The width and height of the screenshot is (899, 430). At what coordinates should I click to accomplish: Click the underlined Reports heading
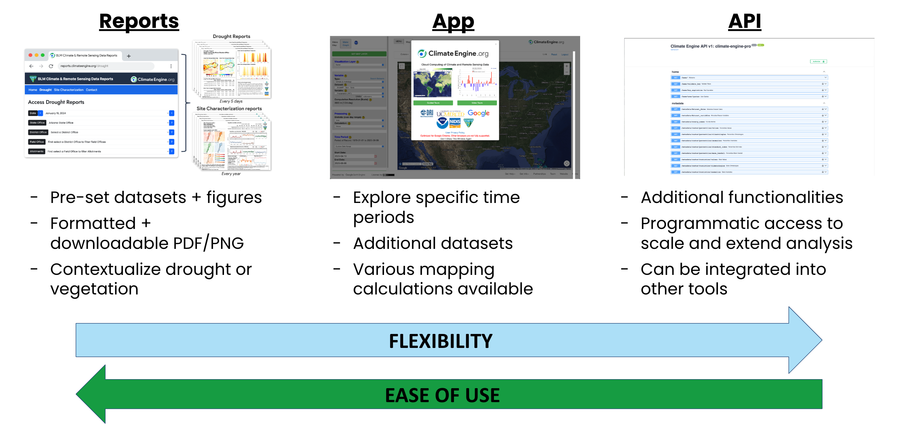139,21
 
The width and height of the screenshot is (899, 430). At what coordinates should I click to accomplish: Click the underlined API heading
744,21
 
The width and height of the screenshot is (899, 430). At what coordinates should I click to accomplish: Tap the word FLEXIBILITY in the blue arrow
440,341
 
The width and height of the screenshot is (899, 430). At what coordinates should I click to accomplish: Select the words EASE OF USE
442,395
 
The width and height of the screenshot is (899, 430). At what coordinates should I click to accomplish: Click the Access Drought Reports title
56,102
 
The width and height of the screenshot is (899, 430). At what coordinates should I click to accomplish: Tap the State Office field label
37,123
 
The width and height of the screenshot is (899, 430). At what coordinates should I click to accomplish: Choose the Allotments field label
37,151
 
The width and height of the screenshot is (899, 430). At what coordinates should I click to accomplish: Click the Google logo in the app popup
478,113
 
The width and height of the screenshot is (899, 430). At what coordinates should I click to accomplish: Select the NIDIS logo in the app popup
455,122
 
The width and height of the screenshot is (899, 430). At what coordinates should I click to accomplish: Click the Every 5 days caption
231,101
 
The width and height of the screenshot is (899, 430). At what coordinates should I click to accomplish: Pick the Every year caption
231,174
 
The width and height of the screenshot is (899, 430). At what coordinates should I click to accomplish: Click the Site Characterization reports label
229,108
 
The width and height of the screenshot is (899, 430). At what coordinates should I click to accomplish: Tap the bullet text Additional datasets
433,243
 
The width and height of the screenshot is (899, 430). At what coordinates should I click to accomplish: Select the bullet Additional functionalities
742,197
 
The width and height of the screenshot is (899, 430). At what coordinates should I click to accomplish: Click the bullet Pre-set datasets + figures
156,197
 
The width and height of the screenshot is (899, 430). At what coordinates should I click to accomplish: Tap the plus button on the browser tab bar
129,56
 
